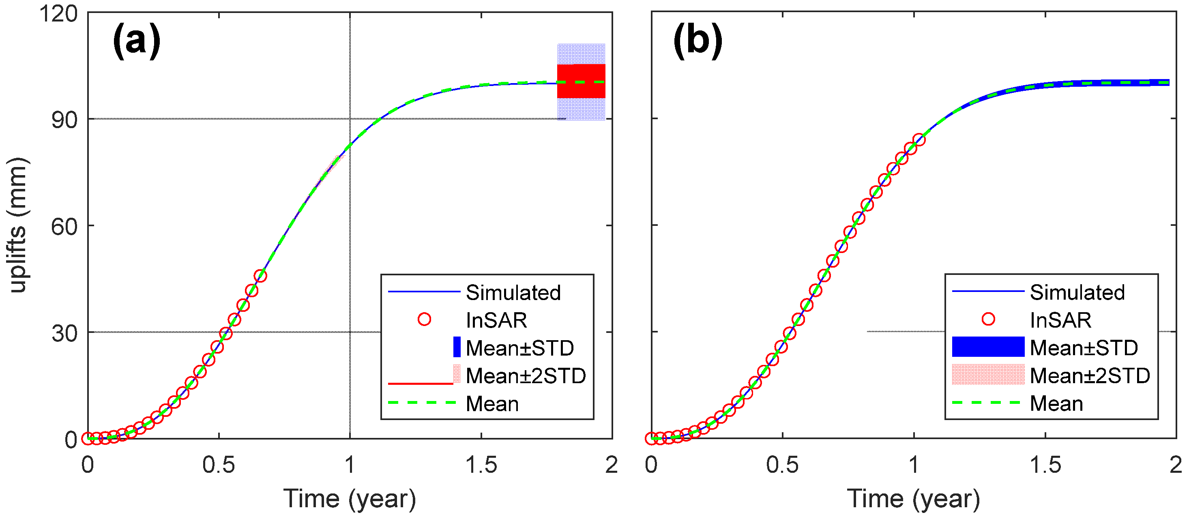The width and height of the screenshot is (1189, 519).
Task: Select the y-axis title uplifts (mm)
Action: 19,225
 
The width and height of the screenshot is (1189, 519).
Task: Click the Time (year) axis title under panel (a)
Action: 350,499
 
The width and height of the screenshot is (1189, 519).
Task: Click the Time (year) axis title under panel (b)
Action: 913,499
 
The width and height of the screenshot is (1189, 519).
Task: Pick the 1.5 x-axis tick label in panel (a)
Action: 481,465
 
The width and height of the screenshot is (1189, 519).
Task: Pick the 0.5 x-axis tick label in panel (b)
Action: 782,465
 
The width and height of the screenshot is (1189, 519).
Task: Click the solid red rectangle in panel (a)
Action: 581,81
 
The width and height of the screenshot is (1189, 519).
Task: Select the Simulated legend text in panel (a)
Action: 513,292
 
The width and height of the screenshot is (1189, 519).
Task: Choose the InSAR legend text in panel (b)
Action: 1060,320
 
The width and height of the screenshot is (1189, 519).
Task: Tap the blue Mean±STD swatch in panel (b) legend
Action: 988,347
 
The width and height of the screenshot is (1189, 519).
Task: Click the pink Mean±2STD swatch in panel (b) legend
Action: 988,375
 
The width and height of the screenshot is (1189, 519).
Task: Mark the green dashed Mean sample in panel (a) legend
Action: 422,403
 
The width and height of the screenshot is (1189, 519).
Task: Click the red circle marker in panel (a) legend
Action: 424,319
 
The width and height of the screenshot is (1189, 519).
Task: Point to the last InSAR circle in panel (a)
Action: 260,276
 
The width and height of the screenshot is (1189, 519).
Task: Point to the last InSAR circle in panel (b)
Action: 919,139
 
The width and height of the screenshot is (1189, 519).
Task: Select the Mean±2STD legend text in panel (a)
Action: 525,376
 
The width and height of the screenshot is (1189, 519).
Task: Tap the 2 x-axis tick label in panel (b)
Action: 1175,465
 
